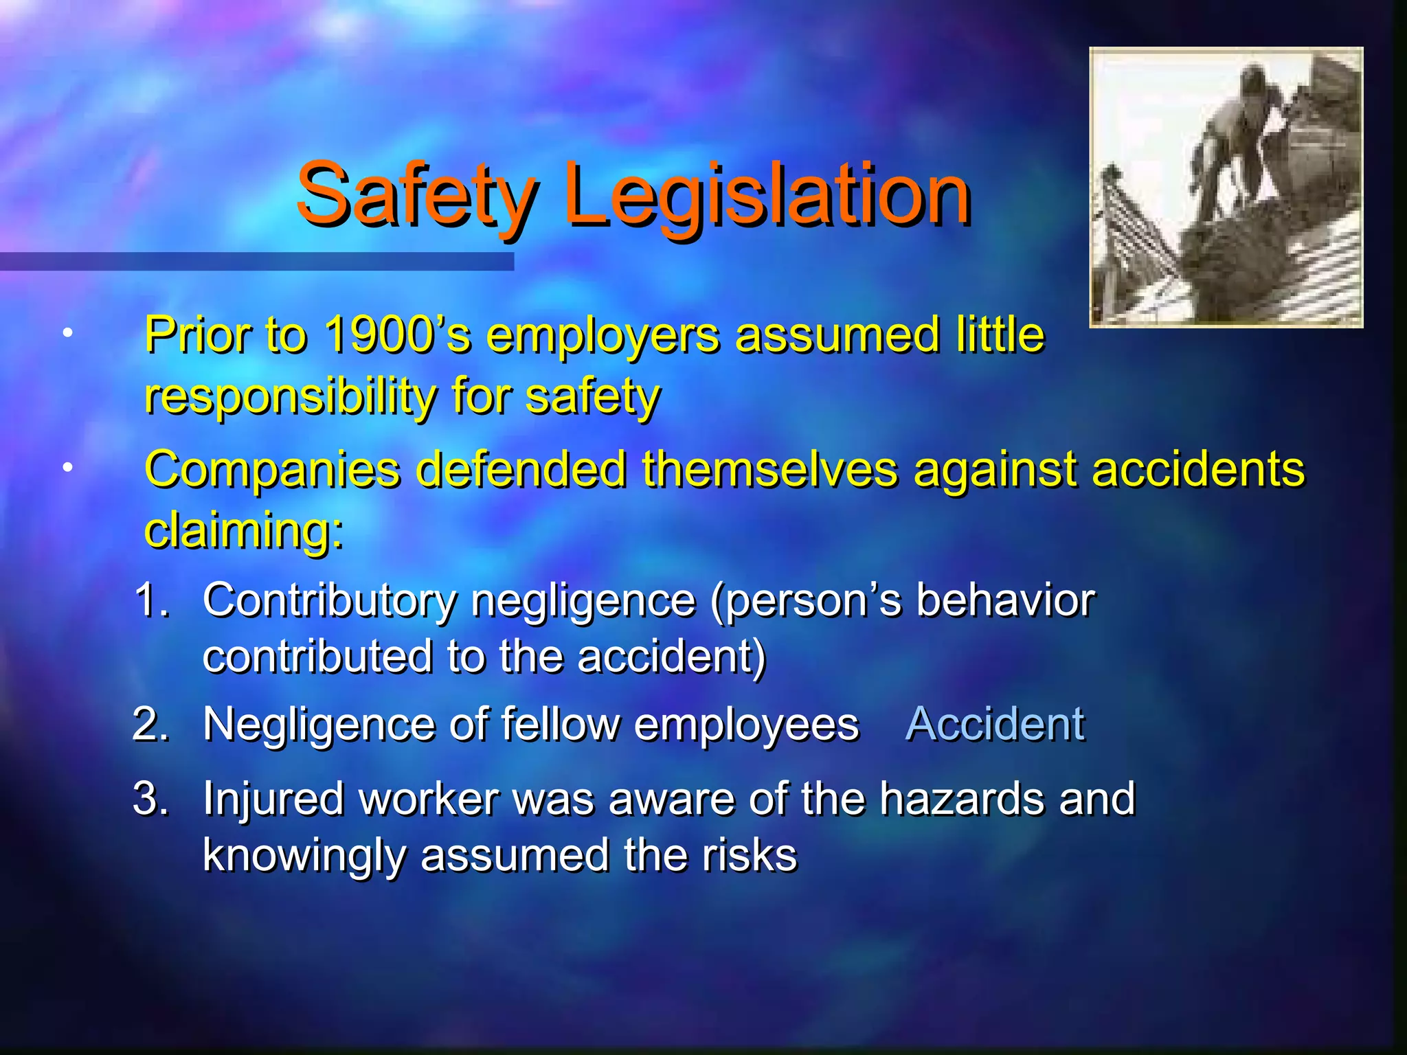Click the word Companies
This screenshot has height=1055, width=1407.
[x=272, y=470]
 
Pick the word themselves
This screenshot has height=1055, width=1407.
[x=769, y=470]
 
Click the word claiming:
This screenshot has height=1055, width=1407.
[x=244, y=530]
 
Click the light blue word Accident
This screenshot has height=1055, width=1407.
[x=995, y=724]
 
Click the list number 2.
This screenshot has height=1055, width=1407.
[x=150, y=724]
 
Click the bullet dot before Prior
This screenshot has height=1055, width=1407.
[x=67, y=334]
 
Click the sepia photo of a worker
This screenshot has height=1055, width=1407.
[x=1226, y=187]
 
